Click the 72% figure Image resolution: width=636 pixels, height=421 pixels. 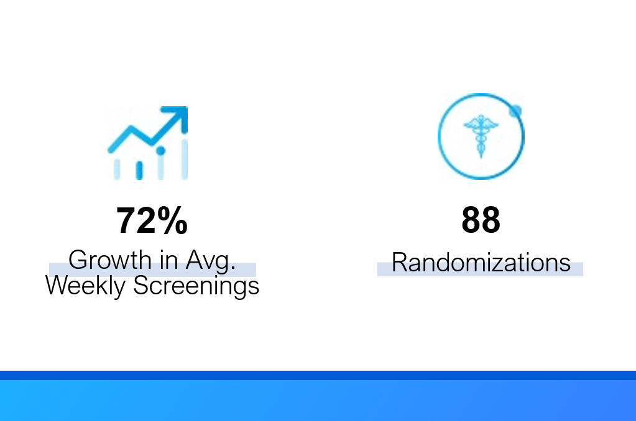(152, 220)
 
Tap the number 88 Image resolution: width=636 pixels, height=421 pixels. (481, 220)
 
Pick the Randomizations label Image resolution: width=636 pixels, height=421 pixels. (481, 263)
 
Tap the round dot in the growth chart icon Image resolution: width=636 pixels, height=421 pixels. (160, 151)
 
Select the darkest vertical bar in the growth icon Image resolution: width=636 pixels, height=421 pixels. (139, 170)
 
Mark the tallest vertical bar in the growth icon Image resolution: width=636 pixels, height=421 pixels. (185, 159)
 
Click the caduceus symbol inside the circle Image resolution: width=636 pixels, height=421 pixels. (481, 136)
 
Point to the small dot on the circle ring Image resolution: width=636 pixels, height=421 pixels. (515, 111)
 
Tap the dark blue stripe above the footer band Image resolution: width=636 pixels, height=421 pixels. (318, 375)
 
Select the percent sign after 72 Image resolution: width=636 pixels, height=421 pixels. (172, 220)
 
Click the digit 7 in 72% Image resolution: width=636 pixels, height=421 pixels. (126, 220)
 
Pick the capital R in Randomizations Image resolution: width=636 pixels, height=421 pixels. (400, 263)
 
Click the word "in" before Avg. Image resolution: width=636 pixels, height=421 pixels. (168, 260)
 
